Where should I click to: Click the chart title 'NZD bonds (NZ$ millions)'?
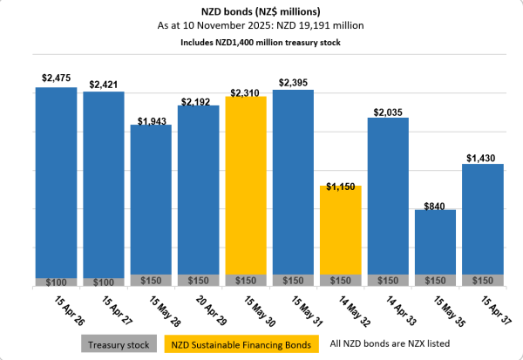(261, 10)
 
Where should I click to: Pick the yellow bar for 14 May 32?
(340, 231)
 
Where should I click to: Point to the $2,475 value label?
(56, 78)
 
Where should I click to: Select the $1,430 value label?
(481, 156)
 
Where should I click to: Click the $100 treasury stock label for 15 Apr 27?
(103, 282)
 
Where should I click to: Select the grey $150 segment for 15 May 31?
(293, 281)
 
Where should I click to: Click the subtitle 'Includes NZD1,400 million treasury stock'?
(261, 41)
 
